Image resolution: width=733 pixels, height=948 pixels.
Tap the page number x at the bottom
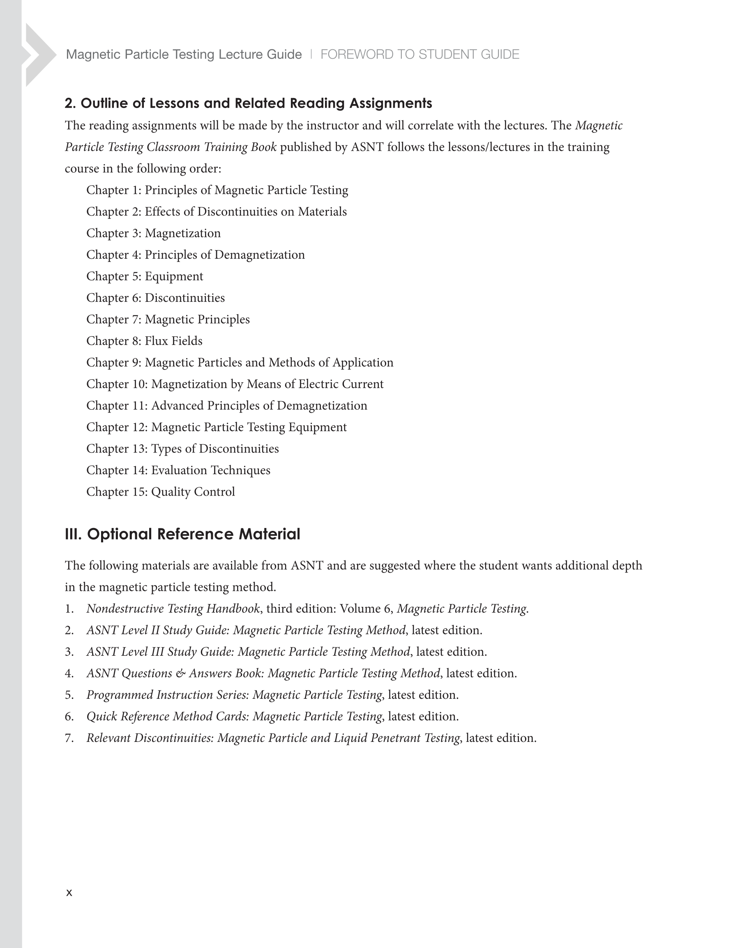pos(69,893)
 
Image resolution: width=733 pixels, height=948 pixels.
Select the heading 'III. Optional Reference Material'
pos(182,534)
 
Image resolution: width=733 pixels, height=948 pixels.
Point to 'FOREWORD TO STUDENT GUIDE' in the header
pos(420,54)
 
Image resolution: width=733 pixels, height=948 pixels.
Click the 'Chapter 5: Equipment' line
pos(145,276)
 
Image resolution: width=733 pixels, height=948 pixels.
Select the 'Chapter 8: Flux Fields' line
pos(144,341)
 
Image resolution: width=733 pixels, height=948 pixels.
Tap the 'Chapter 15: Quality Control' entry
pos(160,492)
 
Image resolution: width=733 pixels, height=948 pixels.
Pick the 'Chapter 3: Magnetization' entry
pos(153,234)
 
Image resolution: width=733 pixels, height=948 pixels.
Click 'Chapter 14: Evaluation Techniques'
pos(178,471)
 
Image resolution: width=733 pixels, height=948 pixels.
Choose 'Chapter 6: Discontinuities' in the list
pos(156,298)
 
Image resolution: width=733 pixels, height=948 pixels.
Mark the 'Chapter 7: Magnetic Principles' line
pos(168,319)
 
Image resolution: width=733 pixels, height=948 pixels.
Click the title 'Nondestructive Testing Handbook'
pos(173,609)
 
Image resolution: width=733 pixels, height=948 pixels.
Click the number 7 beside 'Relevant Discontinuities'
pos(69,738)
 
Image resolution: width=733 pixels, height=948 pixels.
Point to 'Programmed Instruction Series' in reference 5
pos(167,695)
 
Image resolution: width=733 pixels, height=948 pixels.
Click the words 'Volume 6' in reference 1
pos(365,609)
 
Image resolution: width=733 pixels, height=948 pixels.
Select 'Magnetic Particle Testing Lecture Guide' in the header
pos(184,54)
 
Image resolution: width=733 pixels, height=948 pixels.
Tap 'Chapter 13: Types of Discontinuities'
pos(182,449)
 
